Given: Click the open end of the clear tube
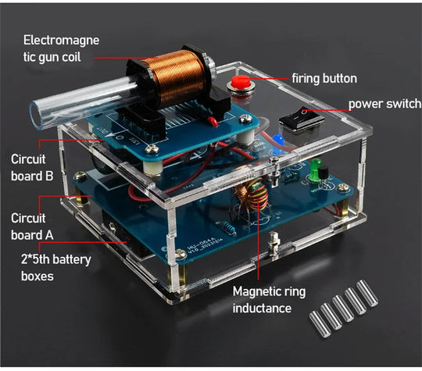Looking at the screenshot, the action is coord(38,116).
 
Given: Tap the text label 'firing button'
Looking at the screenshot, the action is coord(324,79).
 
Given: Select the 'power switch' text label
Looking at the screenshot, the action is coord(384,104).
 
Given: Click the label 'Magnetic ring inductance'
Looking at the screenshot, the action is coord(269,300).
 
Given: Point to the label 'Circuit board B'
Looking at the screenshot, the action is coord(32,168).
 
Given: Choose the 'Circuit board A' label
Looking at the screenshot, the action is coord(32,227).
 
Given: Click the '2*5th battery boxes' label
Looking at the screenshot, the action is coord(56,268).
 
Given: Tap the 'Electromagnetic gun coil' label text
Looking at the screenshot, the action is coord(61,48).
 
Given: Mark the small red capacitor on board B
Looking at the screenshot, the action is coord(213,121).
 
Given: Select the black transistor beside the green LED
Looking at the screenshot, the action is coord(324,172).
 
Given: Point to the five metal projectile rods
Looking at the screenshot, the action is coord(343,308).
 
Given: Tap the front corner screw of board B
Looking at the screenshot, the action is coord(152,148).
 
